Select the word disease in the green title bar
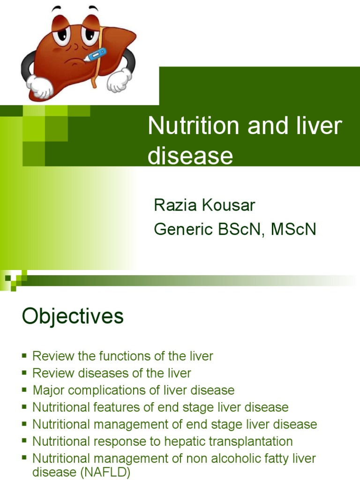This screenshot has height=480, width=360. [190, 156]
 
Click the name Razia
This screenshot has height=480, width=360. [177, 205]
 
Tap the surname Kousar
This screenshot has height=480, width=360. [229, 205]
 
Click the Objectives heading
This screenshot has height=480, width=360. [73, 316]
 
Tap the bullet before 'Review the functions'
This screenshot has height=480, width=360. [24, 356]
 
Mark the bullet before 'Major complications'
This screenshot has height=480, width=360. [24, 390]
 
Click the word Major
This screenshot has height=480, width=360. [46, 390]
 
